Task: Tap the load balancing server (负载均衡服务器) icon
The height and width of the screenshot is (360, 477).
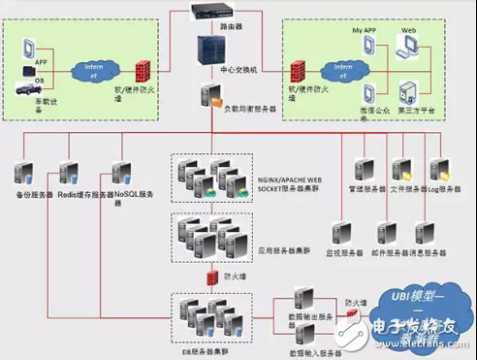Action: (x=212, y=96)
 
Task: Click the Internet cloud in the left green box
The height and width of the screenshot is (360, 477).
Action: (x=94, y=70)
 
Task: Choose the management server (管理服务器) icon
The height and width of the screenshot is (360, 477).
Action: (x=366, y=171)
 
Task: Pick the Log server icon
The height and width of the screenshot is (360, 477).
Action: (x=437, y=171)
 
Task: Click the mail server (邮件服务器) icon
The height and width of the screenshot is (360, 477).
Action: (x=387, y=232)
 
